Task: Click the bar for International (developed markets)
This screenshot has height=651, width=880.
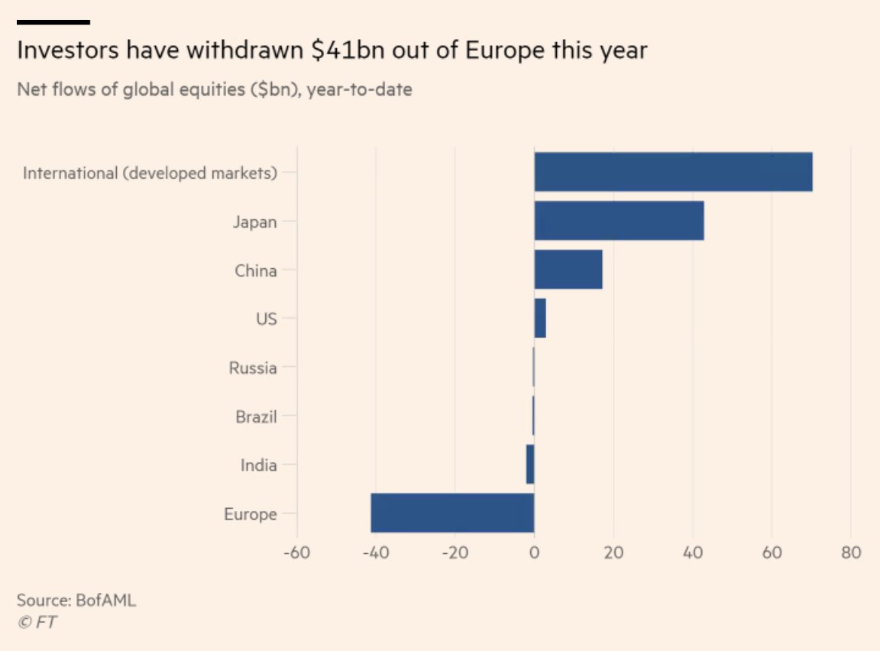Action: (673, 172)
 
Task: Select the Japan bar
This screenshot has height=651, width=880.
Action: (619, 221)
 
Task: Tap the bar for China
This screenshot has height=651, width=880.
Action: (568, 270)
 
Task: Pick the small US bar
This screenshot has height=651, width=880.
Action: (540, 319)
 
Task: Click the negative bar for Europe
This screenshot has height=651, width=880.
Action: (452, 513)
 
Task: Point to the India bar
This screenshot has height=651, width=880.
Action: (530, 465)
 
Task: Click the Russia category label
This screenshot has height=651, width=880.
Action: (253, 368)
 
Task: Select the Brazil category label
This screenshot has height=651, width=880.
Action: (256, 417)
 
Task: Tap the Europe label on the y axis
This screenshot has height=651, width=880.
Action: (250, 514)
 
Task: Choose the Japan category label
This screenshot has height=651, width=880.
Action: (254, 222)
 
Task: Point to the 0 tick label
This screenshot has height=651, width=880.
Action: (534, 553)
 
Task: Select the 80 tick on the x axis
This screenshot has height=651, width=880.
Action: (851, 553)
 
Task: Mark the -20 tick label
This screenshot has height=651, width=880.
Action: (454, 553)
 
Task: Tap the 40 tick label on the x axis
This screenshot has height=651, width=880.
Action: (693, 553)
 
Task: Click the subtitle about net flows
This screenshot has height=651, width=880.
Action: (214, 90)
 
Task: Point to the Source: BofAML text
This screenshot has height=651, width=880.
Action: (76, 600)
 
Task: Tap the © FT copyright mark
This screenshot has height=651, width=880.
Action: (37, 623)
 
